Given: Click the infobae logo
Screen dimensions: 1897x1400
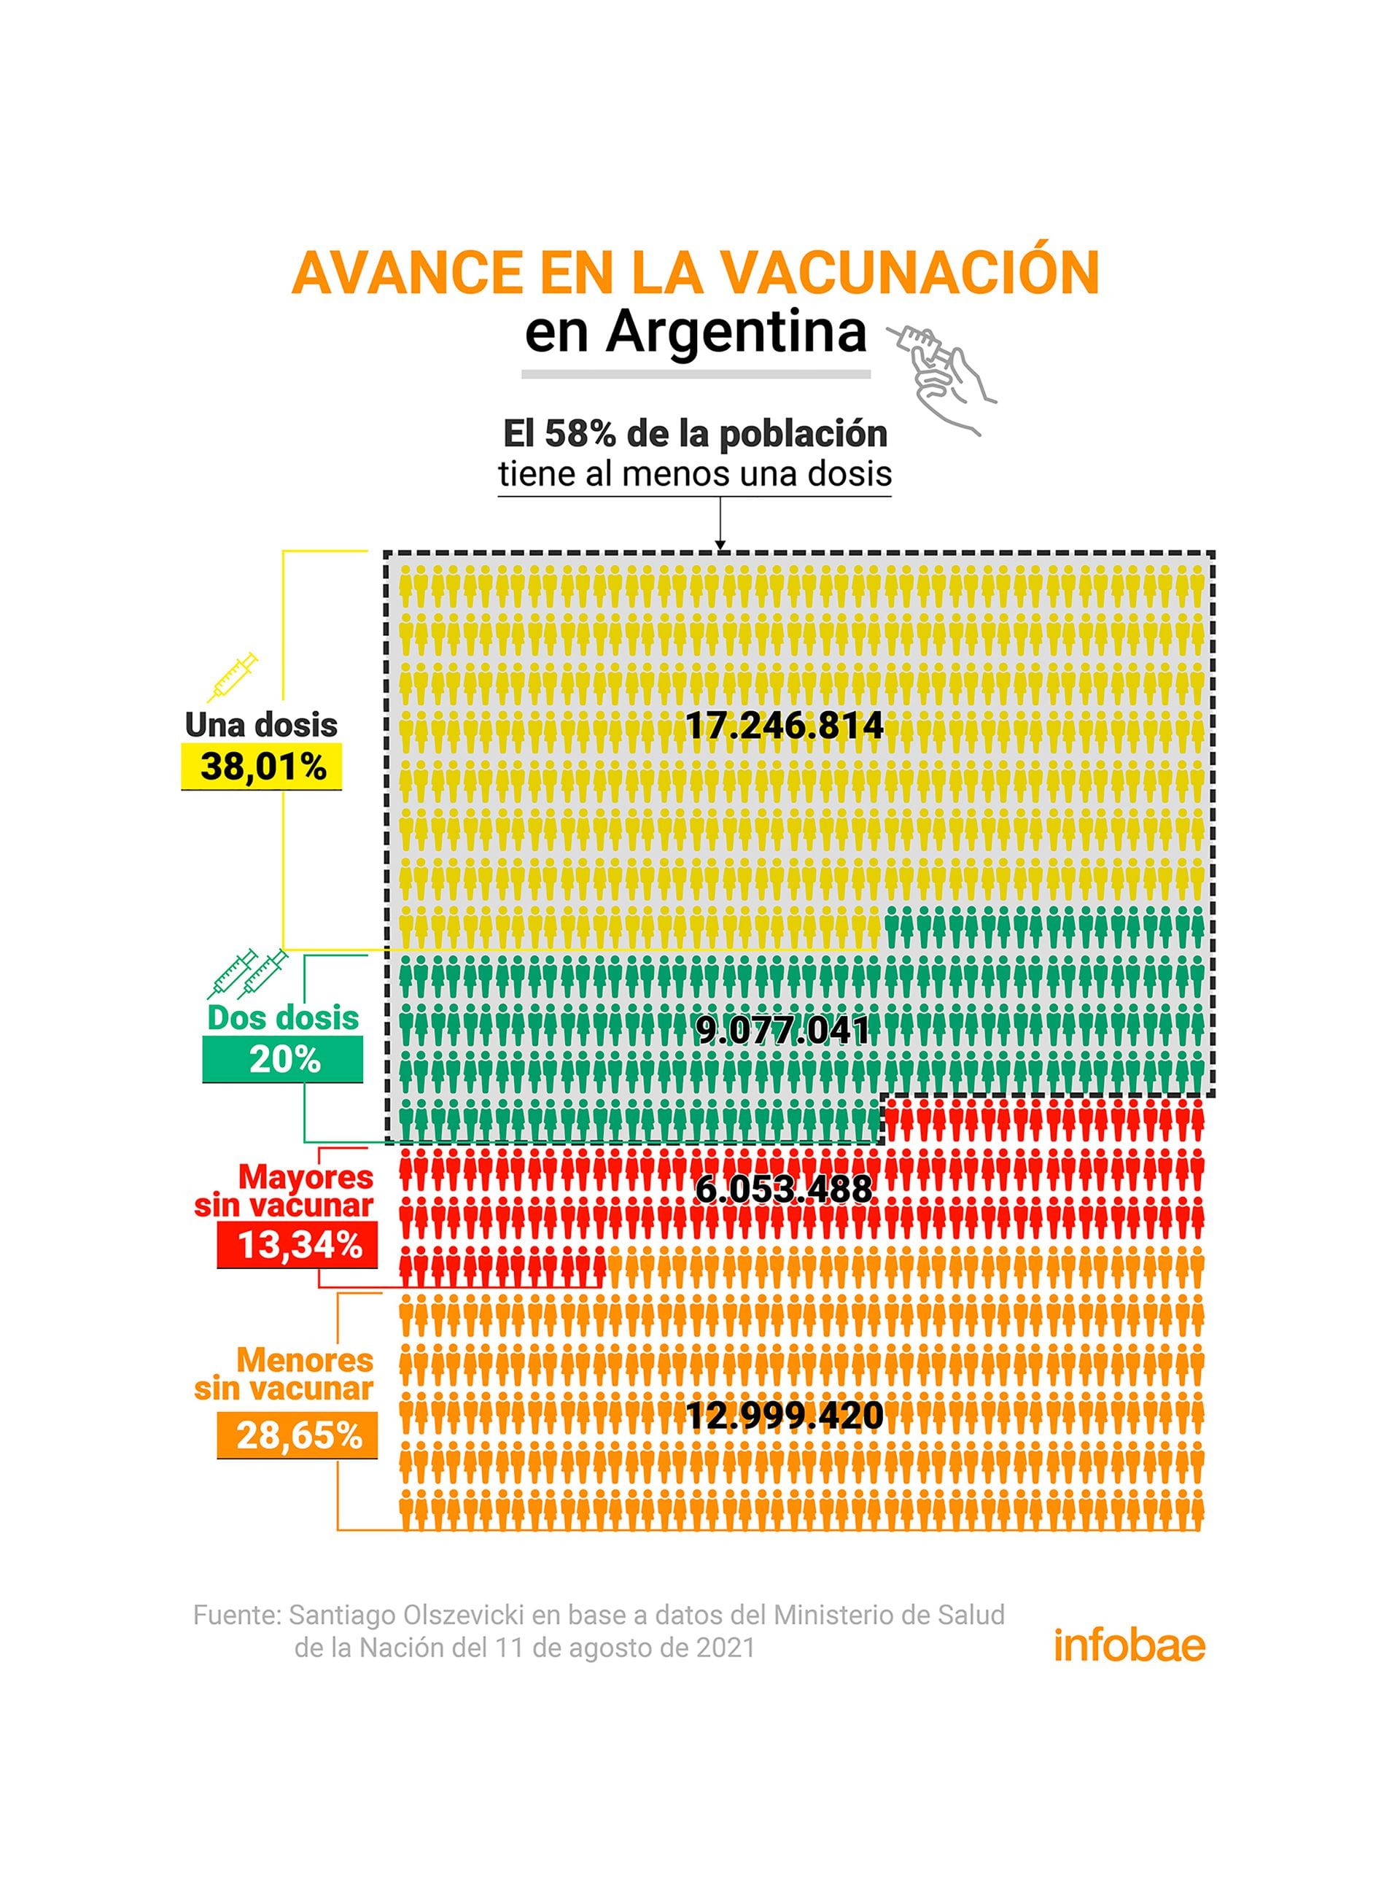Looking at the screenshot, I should [x=1129, y=1645].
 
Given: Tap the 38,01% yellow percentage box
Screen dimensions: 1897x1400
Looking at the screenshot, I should [x=262, y=767].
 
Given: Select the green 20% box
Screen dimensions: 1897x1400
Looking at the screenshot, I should [x=283, y=1060].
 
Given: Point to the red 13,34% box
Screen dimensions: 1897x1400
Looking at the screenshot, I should [x=297, y=1245].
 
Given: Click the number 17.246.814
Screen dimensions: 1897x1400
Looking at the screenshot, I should [x=784, y=726].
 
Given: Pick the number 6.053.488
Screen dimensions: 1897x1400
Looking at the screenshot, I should [x=783, y=1190].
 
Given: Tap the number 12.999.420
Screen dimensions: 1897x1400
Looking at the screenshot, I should [x=784, y=1416].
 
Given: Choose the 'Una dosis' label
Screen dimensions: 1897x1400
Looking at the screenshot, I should [x=261, y=725].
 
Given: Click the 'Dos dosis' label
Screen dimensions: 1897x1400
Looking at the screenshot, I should [x=283, y=1017].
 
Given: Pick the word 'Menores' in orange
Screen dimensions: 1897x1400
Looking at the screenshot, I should [x=305, y=1359].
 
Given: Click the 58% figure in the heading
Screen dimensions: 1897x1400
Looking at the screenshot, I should [x=580, y=434].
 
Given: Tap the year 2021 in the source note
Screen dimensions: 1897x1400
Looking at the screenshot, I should [x=725, y=1647].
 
